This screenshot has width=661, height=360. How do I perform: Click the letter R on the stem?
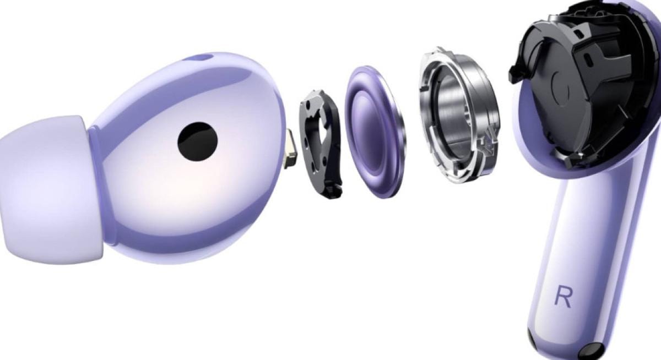563,297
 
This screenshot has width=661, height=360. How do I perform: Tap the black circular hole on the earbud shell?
197,141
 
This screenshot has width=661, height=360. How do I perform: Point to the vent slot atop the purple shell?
201,57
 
